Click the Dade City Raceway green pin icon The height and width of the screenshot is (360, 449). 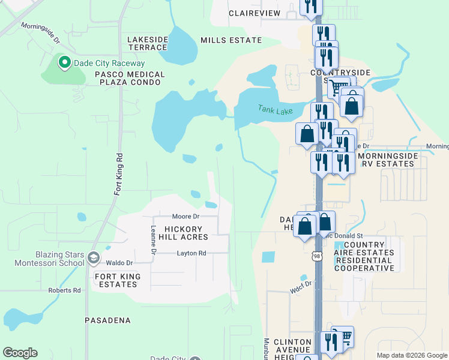[x=64, y=61]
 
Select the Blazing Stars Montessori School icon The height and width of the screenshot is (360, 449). [x=93, y=258]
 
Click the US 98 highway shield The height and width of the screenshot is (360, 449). [x=317, y=256]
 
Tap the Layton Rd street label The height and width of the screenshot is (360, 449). [x=191, y=253]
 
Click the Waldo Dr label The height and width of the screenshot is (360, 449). [x=119, y=263]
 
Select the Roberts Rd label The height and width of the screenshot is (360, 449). [x=64, y=290]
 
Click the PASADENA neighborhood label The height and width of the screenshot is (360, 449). [x=107, y=320]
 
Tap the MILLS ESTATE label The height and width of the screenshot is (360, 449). [x=231, y=40]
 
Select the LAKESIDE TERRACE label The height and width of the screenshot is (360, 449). [x=148, y=43]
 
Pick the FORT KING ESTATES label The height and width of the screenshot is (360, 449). [x=117, y=280]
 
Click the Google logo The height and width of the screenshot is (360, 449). [x=20, y=353]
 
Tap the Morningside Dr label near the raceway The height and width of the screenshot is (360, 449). [x=40, y=34]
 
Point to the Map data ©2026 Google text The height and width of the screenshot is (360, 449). [x=411, y=355]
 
